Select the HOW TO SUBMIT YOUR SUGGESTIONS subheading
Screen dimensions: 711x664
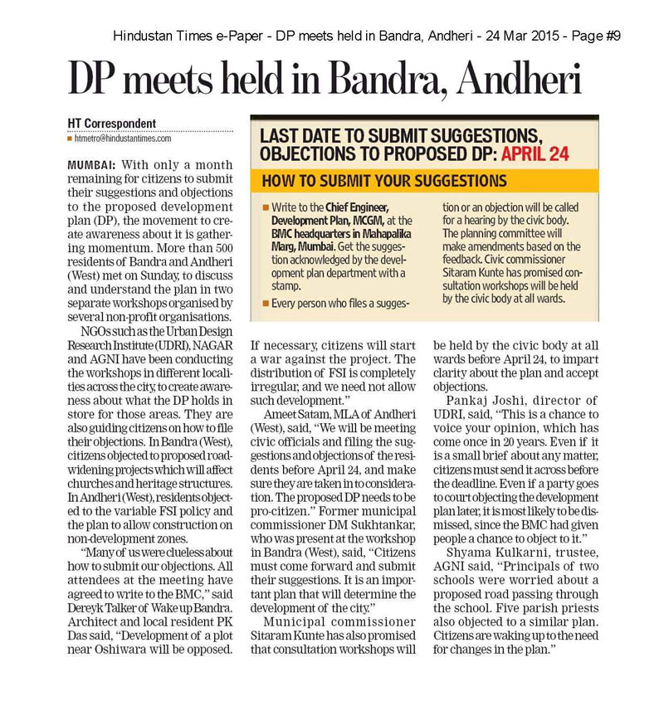pos(384,180)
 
